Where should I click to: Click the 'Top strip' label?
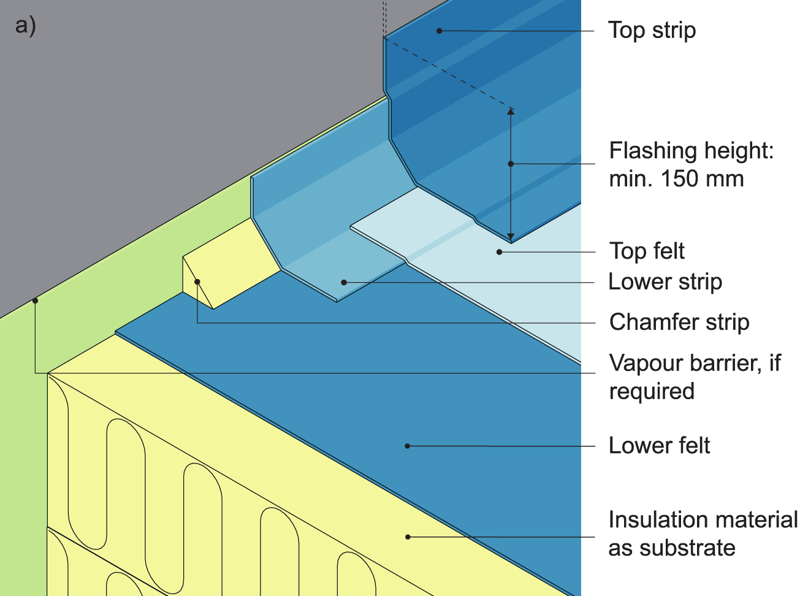652,30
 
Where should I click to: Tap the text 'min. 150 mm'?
676,179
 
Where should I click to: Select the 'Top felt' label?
647,251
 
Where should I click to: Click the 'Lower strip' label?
665,281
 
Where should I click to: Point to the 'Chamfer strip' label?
679,322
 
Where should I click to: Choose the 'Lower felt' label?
659,445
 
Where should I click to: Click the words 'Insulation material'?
703,520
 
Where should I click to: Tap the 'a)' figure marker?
26,26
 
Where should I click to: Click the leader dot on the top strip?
439,31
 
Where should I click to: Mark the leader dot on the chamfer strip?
197,282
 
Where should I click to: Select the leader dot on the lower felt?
408,446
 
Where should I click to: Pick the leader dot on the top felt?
500,252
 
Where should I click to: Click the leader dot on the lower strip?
344,282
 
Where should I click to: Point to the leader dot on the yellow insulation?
408,537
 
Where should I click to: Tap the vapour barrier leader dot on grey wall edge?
35,300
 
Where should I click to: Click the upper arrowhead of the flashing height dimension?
511,112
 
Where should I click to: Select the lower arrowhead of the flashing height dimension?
511,237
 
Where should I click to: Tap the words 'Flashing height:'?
691,151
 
